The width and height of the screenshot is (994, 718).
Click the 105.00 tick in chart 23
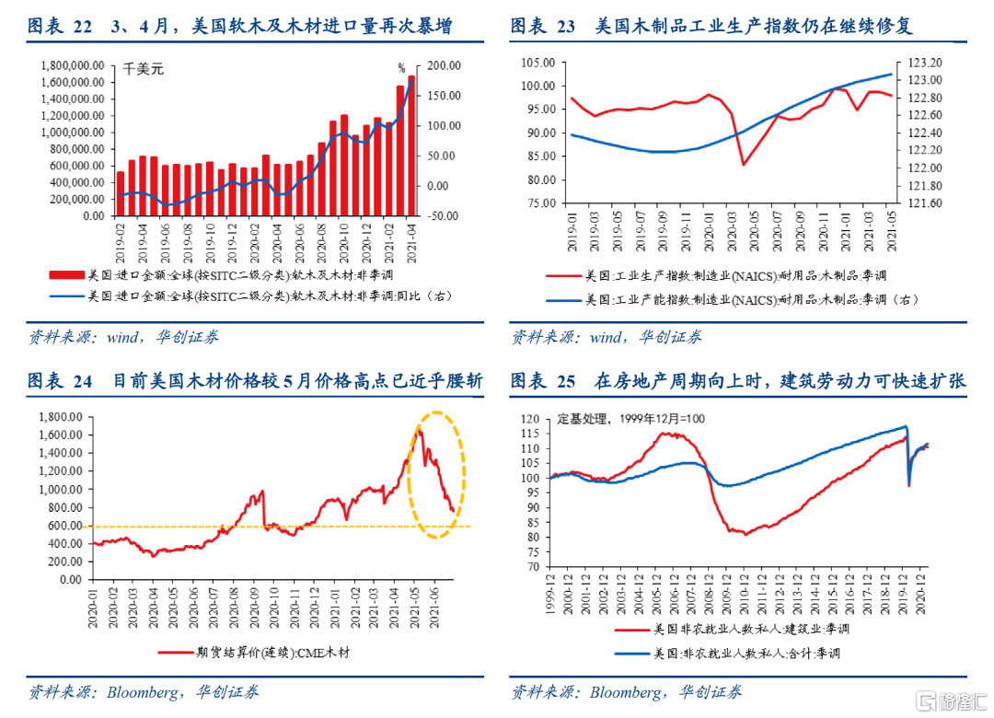point(537,63)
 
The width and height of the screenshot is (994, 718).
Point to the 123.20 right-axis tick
point(921,63)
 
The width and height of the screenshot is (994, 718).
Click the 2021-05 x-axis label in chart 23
point(891,231)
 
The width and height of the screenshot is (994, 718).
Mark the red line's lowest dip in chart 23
point(743,165)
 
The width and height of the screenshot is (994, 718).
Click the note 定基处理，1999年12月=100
point(631,419)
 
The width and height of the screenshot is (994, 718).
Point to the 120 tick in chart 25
point(532,419)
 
